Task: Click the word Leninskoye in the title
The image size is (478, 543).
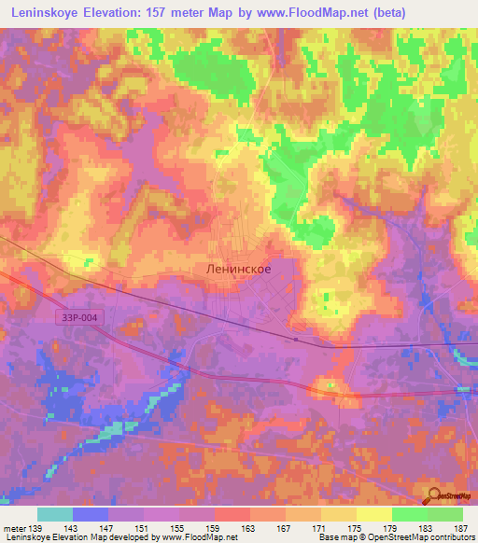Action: coord(44,11)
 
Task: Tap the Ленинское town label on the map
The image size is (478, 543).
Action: coord(238,268)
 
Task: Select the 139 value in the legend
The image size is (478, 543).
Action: coord(36,527)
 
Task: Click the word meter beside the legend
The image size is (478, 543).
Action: coord(13,527)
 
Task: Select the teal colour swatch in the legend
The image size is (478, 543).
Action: coord(54,514)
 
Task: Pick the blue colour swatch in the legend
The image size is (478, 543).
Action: coord(90,514)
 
